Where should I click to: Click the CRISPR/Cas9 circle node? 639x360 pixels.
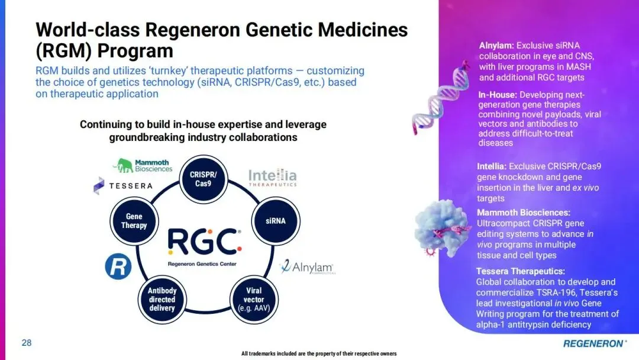coord(204,179)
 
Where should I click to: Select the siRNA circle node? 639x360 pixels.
coord(276,221)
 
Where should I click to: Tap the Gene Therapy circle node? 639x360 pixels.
coord(134,221)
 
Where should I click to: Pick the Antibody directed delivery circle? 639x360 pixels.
coord(162,300)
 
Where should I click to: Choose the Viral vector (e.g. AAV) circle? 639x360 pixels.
coord(254,300)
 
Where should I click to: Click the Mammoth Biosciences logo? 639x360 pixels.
coord(144,165)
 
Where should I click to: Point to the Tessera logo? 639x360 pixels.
coord(123,185)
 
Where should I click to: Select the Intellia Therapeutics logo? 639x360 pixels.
coord(272,178)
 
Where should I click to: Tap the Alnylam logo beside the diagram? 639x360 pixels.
coord(307,267)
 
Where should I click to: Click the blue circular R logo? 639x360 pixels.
coord(118,267)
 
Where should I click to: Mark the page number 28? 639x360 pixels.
coord(27,343)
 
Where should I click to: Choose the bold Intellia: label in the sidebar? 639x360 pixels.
coord(492,166)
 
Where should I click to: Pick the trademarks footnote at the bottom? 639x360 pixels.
coord(319,353)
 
